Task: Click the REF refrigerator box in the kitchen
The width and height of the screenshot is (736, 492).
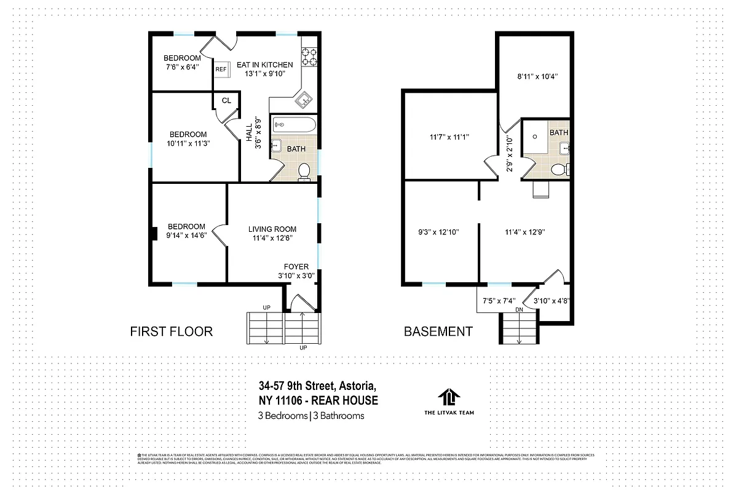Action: point(221,69)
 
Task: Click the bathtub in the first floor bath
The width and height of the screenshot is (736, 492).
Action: point(293,125)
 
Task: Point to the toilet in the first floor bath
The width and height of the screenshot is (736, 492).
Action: point(304,172)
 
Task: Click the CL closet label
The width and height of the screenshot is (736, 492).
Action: point(226,100)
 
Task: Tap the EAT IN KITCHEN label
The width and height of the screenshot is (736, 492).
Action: point(265,65)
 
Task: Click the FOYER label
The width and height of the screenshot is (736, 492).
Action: point(296,266)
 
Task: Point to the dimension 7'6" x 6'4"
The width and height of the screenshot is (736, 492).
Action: point(182,68)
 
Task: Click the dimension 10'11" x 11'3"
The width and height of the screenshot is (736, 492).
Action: point(188,144)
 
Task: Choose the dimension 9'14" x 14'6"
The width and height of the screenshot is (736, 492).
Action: point(185,235)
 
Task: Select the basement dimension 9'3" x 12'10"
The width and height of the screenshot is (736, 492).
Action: point(438,232)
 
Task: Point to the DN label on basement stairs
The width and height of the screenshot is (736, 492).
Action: point(519,309)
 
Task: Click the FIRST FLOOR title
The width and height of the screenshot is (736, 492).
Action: point(172,331)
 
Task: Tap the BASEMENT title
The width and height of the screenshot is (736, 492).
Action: point(438,331)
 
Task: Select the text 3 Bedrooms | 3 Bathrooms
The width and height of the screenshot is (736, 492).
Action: point(311,416)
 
